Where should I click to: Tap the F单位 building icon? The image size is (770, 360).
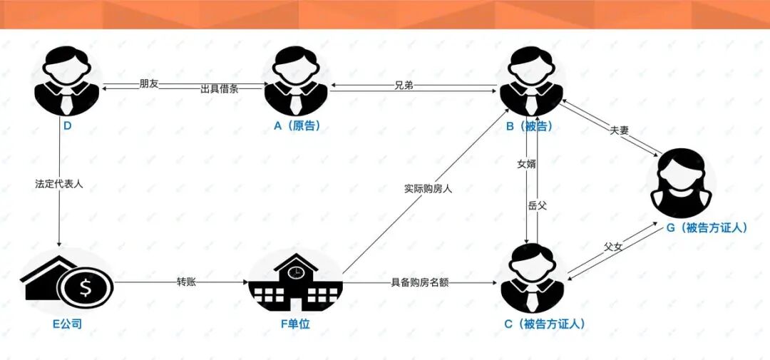coord(295,282)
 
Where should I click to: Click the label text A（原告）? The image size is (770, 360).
coord(296,125)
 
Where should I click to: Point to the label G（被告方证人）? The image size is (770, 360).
coord(705,227)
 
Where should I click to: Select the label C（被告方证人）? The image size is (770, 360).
coord(545,324)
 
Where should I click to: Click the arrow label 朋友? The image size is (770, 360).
coord(149,84)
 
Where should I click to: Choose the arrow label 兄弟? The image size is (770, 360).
coord(404,86)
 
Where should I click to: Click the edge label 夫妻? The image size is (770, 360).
coord(620,130)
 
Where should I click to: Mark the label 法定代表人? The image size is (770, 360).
coord(59,183)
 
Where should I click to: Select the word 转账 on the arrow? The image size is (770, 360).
coord(186,282)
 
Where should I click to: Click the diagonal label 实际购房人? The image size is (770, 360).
coord(427,189)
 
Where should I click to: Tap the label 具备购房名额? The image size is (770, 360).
coord(420,282)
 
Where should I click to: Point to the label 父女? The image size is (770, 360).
coord(613,247)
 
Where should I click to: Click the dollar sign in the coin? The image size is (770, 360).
coord(86,289)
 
